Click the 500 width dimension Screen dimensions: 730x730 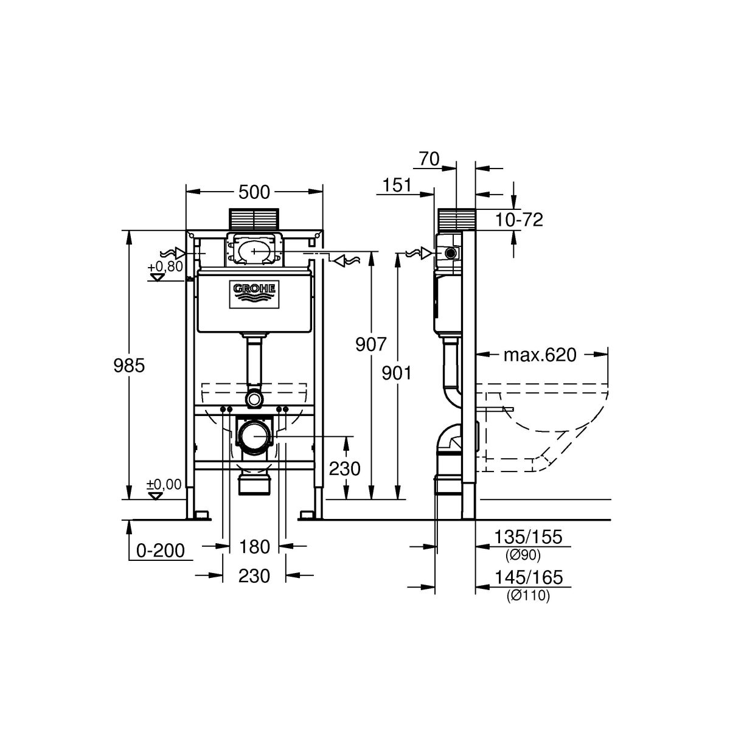tap(254, 192)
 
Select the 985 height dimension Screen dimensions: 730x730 tap(130, 365)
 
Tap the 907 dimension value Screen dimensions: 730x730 tap(371, 344)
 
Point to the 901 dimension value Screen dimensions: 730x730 tap(396, 372)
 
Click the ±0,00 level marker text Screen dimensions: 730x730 tap(164, 484)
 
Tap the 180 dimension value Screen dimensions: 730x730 tap(254, 547)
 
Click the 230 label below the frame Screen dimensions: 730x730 tap(254, 575)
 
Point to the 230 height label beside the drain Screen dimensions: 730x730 tap(344, 468)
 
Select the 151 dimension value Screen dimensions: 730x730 tap(398, 185)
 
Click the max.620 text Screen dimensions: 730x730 tap(540, 355)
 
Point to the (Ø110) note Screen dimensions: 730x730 tap(528, 597)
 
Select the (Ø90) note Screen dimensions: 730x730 tap(523, 555)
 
